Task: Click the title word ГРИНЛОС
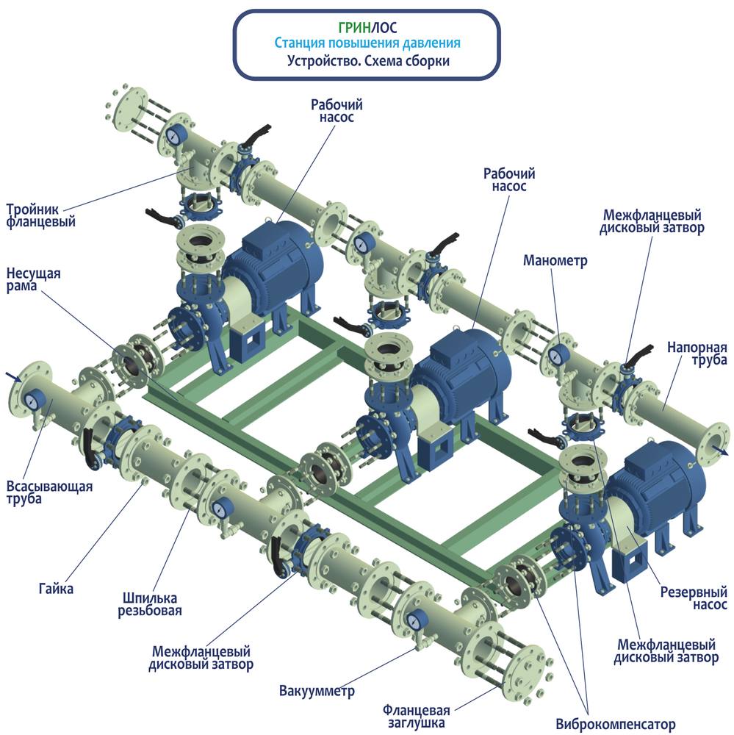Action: pyautogui.click(x=367, y=27)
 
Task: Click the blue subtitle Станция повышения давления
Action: pyautogui.click(x=367, y=43)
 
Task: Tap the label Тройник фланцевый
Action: pyautogui.click(x=41, y=215)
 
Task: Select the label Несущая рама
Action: pyautogui.click(x=33, y=280)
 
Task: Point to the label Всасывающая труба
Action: pyautogui.click(x=49, y=492)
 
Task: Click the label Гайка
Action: pyautogui.click(x=56, y=588)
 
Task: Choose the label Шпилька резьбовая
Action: pyautogui.click(x=150, y=604)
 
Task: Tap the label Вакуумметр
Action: pyautogui.click(x=317, y=690)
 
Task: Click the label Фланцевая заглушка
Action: pyautogui.click(x=416, y=716)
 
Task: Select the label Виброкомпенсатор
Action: pyautogui.click(x=616, y=724)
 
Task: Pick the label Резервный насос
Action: pyautogui.click(x=694, y=598)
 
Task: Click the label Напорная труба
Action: pyautogui.click(x=697, y=354)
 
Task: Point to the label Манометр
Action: pyautogui.click(x=555, y=260)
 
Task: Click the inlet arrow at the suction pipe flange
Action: pyautogui.click(x=13, y=376)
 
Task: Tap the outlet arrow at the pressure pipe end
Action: pyautogui.click(x=722, y=451)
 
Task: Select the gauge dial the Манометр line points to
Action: pyautogui.click(x=557, y=355)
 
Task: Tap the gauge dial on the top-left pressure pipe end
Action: pyautogui.click(x=175, y=135)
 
